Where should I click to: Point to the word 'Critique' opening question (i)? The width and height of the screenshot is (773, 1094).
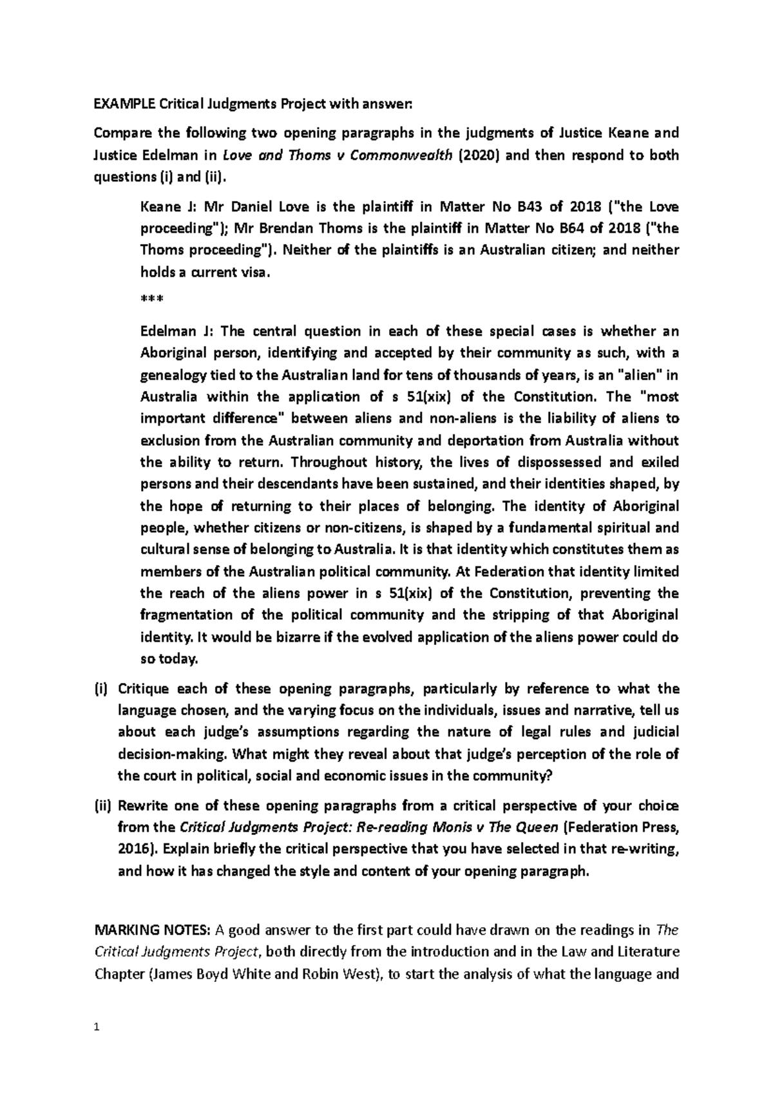point(143,689)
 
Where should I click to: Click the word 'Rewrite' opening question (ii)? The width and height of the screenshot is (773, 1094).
point(142,806)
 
